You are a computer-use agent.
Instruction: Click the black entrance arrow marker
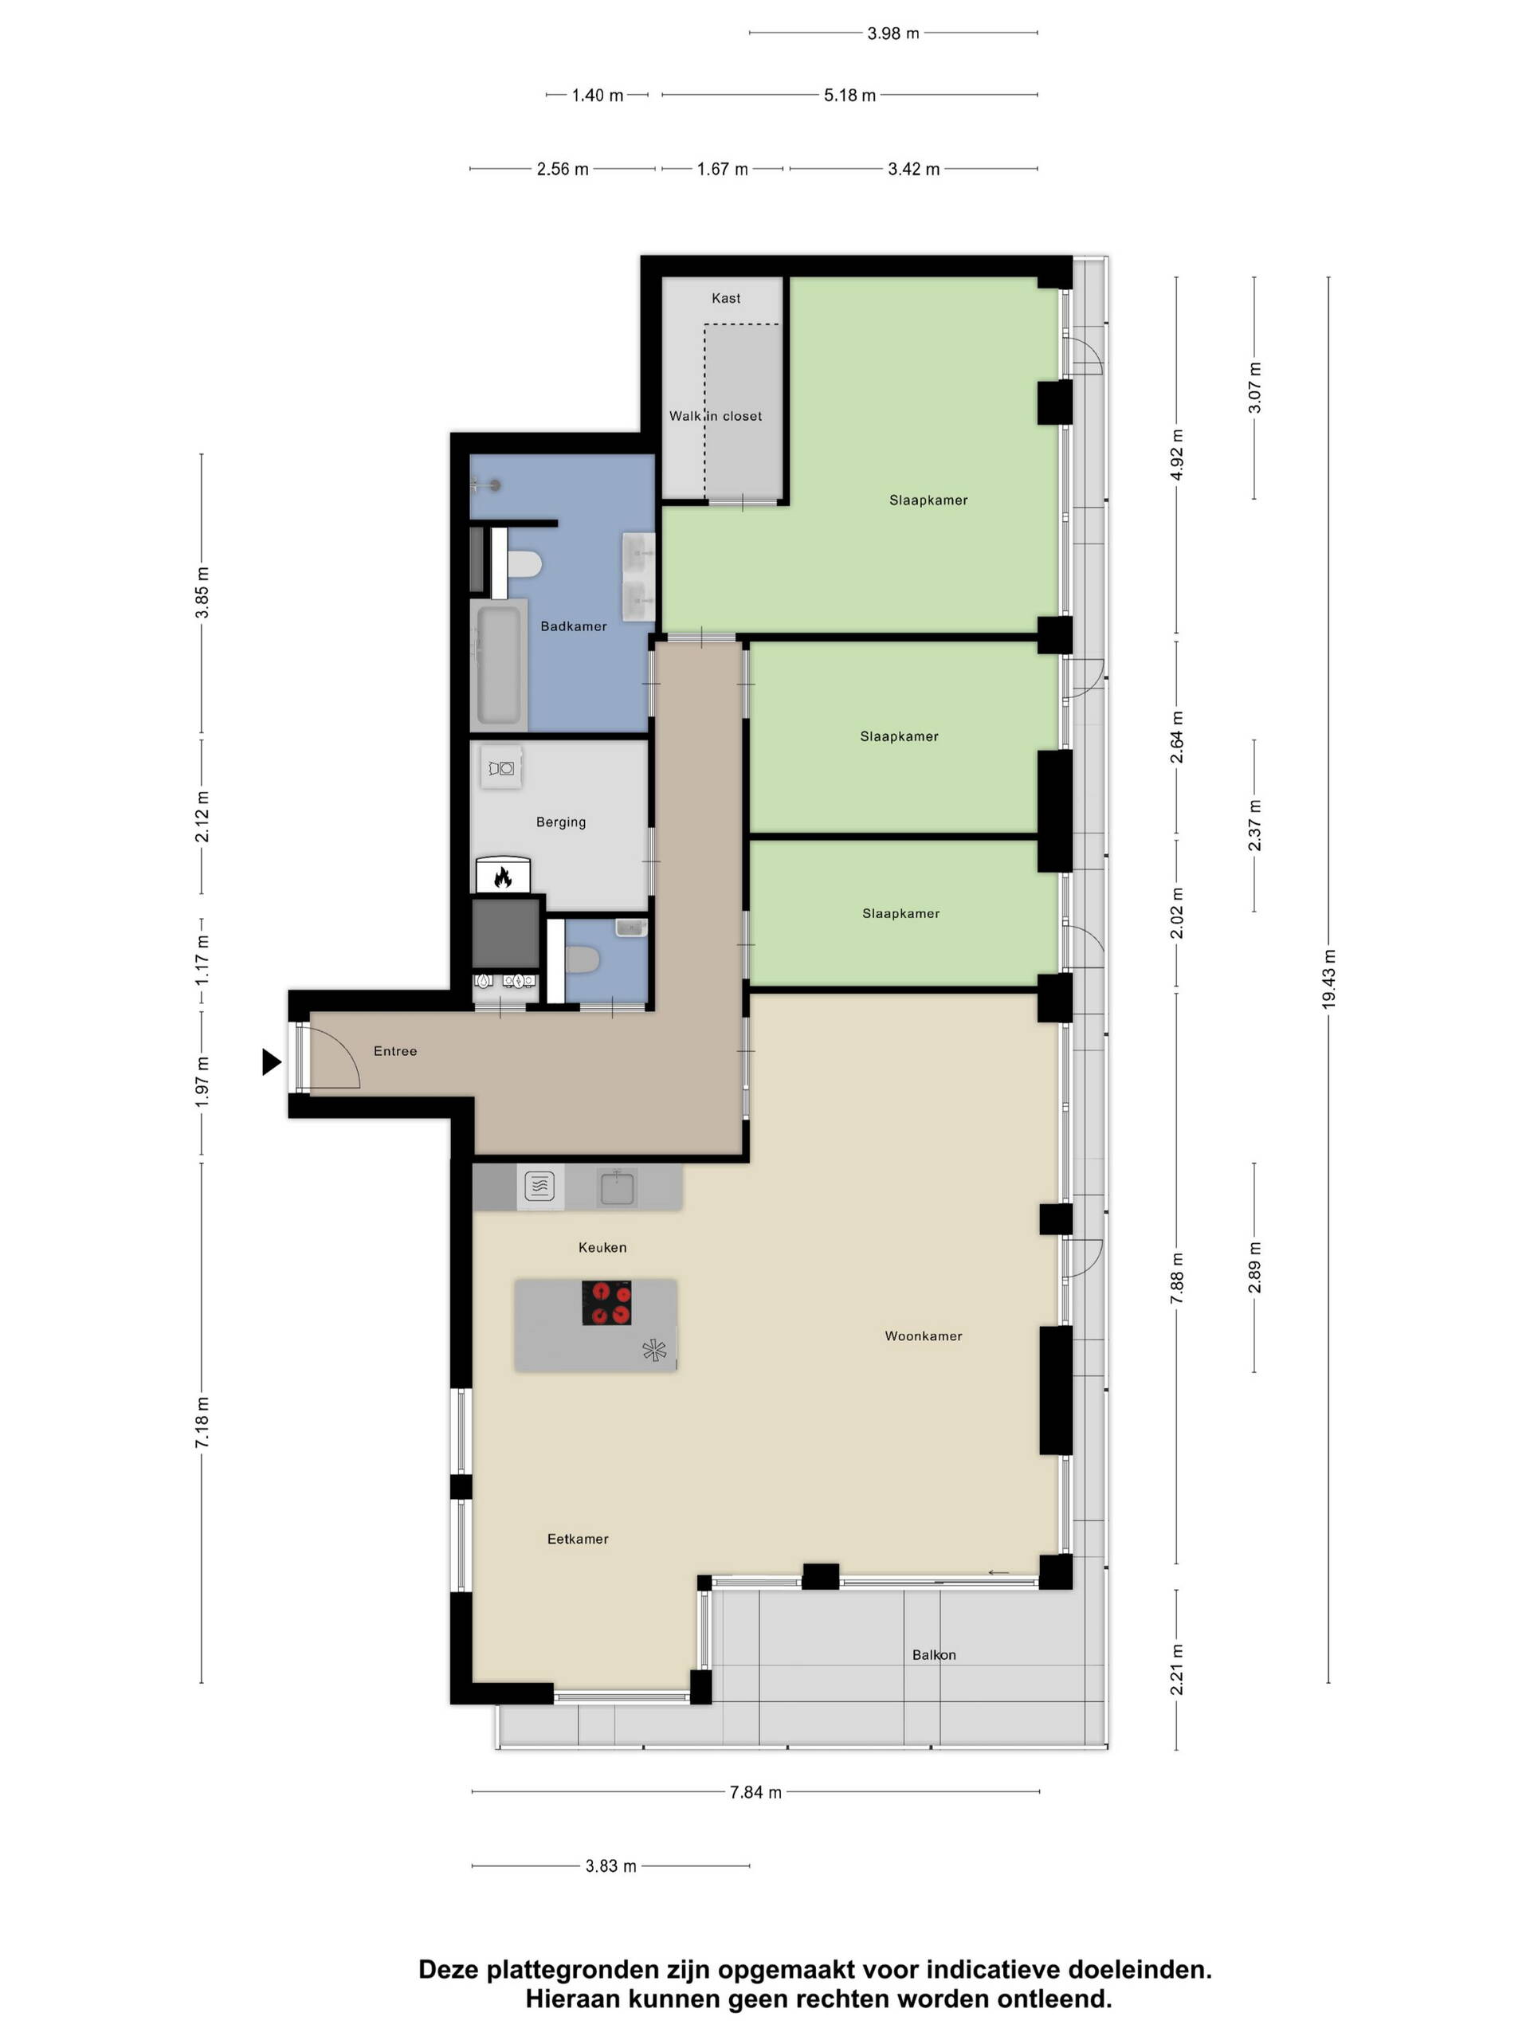[270, 1061]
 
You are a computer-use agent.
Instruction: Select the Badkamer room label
[574, 626]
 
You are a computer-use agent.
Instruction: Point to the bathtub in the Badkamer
[498, 663]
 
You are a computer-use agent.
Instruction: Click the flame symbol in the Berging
[503, 877]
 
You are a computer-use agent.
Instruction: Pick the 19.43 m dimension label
[1328, 979]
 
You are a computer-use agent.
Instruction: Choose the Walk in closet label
[716, 416]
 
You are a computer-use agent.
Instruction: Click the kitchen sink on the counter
[617, 1187]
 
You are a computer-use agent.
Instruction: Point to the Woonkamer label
[923, 1336]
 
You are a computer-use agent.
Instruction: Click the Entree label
[394, 1050]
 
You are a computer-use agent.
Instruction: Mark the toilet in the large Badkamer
[524, 563]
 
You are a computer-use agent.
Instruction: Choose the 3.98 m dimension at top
[892, 33]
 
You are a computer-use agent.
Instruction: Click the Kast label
[726, 298]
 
